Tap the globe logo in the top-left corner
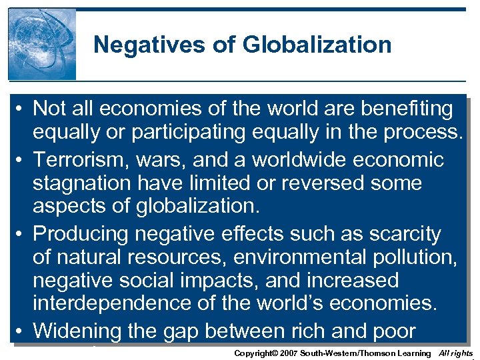[x=42, y=45]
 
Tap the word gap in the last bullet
[x=202, y=331]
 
